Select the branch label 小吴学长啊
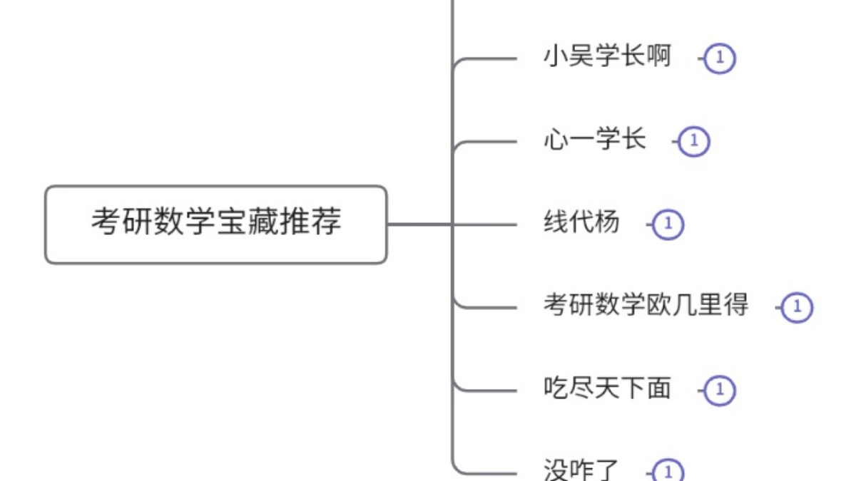click(607, 57)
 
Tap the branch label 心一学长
click(594, 140)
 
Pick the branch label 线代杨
click(581, 224)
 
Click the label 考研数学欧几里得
click(646, 306)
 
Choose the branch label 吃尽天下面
click(607, 389)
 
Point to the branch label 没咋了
click(581, 471)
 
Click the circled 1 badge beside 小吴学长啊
click(719, 58)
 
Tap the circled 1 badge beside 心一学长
click(693, 142)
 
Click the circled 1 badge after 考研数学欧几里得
click(797, 308)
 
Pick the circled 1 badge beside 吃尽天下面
click(719, 391)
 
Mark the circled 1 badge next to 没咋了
click(668, 472)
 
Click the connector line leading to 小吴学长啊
click(492, 58)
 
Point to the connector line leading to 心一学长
click(492, 141)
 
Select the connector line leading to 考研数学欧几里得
click(492, 308)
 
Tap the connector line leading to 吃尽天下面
click(492, 391)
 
